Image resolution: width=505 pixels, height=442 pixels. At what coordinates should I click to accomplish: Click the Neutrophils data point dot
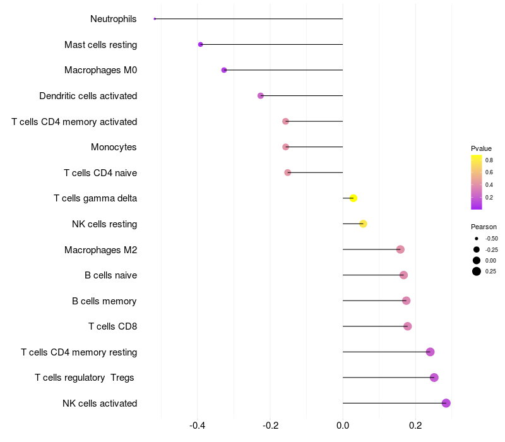point(155,19)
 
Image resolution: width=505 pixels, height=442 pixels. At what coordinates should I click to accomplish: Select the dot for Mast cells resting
point(201,45)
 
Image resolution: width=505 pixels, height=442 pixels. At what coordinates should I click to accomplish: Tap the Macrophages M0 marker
point(224,70)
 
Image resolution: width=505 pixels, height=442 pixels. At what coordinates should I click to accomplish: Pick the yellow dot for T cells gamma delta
point(353,198)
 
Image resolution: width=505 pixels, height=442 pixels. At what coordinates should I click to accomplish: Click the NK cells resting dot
point(363,224)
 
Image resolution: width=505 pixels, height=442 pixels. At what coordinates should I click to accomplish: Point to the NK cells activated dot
point(446,403)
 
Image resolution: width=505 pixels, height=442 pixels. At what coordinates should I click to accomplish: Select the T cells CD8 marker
point(408,326)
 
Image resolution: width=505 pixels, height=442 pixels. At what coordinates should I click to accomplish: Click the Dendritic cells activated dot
point(261,96)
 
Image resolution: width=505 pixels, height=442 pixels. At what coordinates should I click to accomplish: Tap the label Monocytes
point(114,147)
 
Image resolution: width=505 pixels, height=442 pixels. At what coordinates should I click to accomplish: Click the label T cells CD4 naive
point(100,173)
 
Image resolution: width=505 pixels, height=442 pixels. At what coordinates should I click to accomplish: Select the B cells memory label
point(104,301)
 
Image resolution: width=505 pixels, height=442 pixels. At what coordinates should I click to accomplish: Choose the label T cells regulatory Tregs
point(85,378)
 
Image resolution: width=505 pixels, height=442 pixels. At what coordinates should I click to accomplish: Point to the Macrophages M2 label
point(100,250)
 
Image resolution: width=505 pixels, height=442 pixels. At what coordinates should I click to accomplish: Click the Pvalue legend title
point(481,148)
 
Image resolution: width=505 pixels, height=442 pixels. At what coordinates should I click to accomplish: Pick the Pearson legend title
point(484,227)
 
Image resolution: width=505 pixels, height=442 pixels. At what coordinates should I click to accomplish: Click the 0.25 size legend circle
point(477,272)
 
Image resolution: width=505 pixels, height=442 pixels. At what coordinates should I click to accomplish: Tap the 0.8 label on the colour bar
point(489,160)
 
